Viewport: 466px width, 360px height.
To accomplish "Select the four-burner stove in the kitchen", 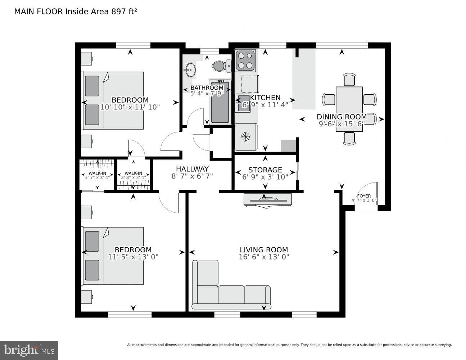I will coord(245,61).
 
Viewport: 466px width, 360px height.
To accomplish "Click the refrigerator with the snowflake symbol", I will coord(246,137).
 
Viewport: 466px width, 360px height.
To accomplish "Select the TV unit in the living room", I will coord(267,200).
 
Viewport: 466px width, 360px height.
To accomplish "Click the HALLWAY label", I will coord(192,169).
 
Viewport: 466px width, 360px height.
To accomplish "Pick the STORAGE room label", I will coord(265,170).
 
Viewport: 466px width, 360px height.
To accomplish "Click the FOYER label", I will coord(364,196).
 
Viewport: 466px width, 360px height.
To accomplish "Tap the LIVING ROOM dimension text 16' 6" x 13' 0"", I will coord(264,257).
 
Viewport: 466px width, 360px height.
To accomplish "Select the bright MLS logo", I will coord(29,350).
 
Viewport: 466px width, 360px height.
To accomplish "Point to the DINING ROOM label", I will coord(341,117).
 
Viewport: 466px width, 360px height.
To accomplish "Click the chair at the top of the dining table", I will coord(349,80).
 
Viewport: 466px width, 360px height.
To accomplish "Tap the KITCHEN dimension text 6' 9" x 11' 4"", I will coord(265,105).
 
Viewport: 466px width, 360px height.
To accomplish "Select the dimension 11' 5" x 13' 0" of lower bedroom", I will coord(133,257).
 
